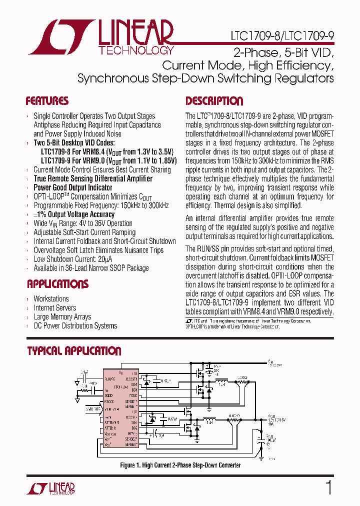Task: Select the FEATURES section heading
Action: point(47,101)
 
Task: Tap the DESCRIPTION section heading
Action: point(214,101)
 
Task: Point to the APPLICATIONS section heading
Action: point(57,284)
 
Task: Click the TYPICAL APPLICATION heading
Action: point(74,351)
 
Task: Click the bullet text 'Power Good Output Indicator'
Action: point(72,187)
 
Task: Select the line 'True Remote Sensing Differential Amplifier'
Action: point(93,178)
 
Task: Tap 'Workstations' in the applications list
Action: point(51,299)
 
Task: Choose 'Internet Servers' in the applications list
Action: point(55,308)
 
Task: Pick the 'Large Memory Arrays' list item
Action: point(62,317)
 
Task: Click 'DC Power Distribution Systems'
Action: point(75,326)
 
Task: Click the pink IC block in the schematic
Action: point(120,405)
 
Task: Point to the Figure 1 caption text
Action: point(180,465)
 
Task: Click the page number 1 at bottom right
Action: point(328,487)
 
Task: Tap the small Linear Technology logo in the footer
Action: point(50,488)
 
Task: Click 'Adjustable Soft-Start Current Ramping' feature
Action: point(84,232)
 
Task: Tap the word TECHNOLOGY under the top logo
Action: point(136,50)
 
